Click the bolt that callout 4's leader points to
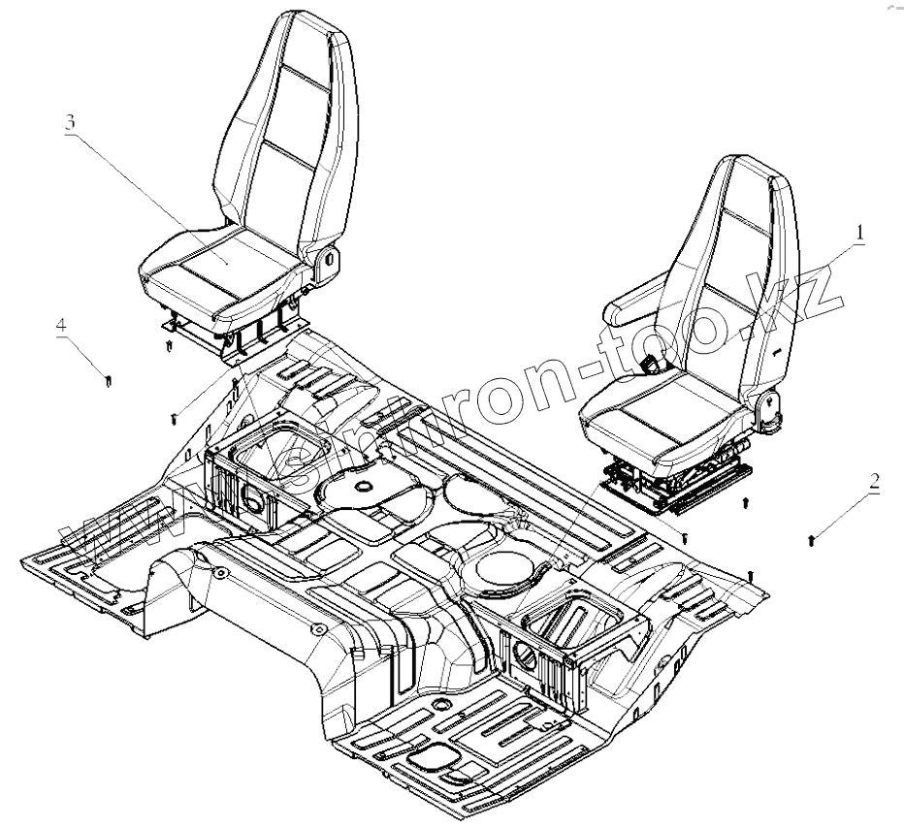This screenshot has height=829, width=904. pyautogui.click(x=108, y=378)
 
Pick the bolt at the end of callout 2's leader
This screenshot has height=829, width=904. pyautogui.click(x=811, y=539)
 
